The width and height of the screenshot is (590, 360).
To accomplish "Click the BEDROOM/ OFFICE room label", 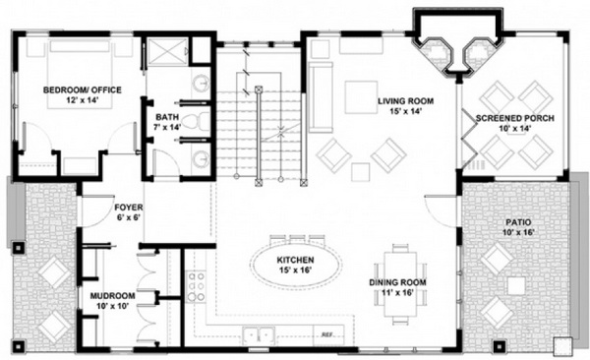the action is coord(83,90).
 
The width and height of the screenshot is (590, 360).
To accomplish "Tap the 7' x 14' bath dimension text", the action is coord(167,127).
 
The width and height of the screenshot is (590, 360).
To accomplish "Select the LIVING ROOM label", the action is coord(405,101).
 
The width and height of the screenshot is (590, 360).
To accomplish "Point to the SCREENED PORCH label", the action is coord(514,118).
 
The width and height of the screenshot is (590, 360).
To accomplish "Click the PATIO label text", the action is coord(518,222).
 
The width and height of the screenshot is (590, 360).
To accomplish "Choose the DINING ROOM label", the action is coord(397,282).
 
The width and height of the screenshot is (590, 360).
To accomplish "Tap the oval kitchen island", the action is coord(297,265).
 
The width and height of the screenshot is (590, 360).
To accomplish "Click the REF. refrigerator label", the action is coord(326,334).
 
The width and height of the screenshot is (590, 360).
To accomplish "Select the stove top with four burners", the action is coord(197,286).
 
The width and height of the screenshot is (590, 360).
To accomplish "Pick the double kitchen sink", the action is coord(259,334).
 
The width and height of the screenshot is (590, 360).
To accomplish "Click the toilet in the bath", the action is coord(197,121).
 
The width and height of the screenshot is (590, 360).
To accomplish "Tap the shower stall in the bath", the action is coord(167,51).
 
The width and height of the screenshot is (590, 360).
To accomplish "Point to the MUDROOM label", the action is coord(112,296).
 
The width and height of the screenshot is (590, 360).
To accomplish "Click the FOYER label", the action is coord(129,208).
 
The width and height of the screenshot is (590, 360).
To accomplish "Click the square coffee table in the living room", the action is coord(361,97).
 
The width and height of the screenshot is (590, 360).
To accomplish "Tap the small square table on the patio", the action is coord(516,286).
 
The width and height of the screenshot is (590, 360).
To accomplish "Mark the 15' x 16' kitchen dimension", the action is coord(297,270).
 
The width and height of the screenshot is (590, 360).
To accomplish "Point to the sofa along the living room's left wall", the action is coord(321,97).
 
